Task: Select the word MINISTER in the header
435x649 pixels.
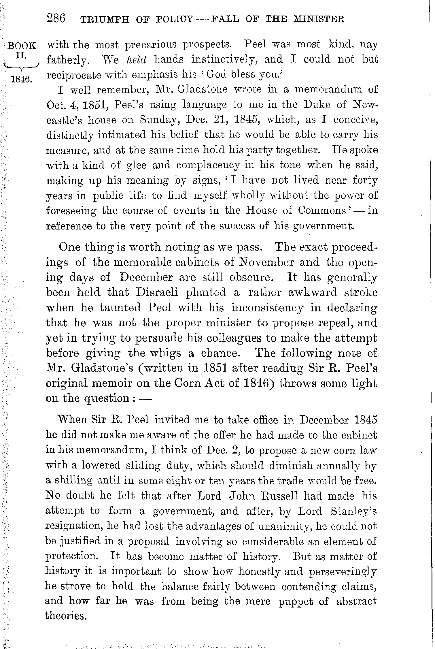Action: click(318, 19)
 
